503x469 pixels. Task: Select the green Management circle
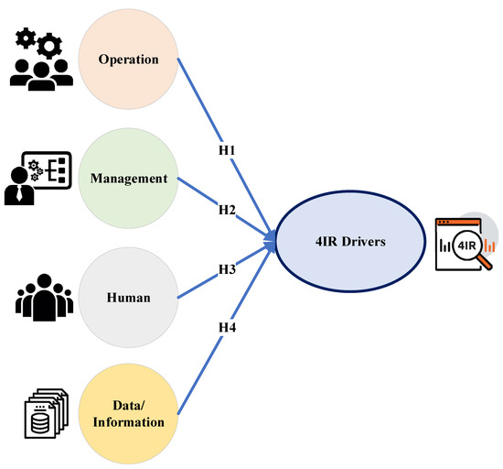tap(129, 179)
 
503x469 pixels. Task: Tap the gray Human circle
tap(129, 297)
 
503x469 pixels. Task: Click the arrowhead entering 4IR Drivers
tap(271, 241)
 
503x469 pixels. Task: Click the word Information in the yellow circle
tap(129, 422)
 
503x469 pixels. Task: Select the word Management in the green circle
tap(129, 179)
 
